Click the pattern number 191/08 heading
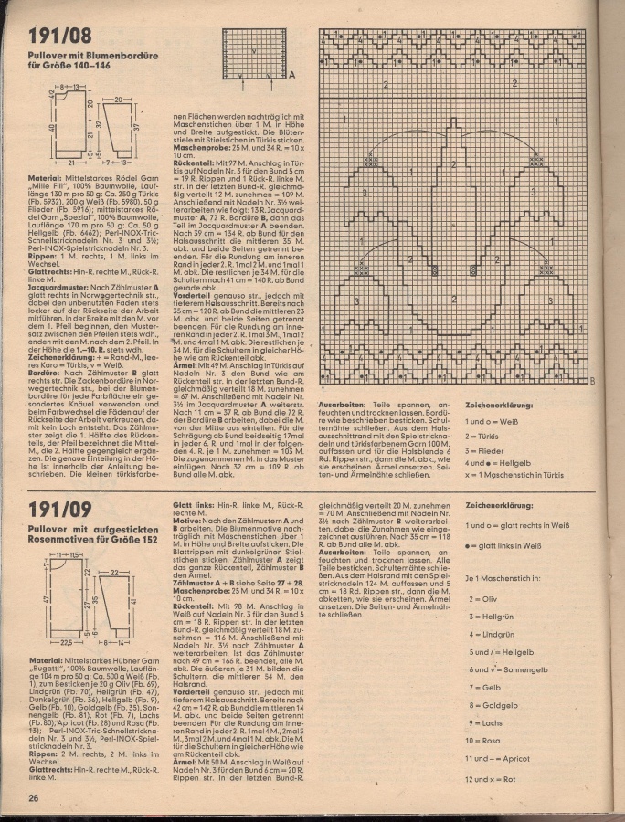[59, 36]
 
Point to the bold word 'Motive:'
[189, 521]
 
